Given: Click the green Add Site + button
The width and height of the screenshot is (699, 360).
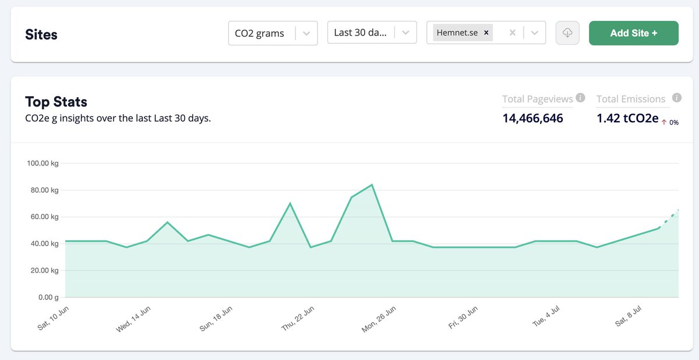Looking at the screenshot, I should (634, 33).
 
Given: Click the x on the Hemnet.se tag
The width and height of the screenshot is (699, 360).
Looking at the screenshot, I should (486, 33).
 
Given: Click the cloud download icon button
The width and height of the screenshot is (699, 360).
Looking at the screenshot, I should (567, 33).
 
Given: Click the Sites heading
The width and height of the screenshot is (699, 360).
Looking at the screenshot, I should (41, 35).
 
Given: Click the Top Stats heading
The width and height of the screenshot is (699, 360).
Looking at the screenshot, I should (56, 102).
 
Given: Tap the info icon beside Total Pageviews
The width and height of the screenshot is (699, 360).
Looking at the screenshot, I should (580, 98).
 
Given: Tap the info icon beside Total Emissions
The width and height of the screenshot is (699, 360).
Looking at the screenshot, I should (676, 98).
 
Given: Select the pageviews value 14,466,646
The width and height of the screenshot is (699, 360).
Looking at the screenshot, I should (532, 118).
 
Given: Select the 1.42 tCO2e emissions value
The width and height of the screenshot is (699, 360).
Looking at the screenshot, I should (627, 118).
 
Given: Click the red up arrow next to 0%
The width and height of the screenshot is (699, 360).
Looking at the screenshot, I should (664, 122).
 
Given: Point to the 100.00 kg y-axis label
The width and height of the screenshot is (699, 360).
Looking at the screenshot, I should (43, 163).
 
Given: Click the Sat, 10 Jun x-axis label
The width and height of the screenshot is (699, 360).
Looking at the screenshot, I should (54, 319).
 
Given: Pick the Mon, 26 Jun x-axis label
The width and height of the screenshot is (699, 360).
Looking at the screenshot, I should (379, 319).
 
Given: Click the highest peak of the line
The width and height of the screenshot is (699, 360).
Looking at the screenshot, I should (372, 185).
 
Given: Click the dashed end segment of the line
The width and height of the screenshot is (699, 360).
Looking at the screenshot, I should (669, 218).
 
